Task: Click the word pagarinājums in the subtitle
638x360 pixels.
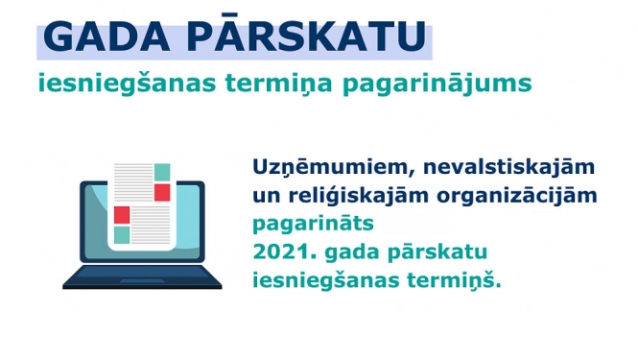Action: pyautogui.click(x=455, y=84)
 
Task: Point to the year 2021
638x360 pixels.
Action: pyautogui.click(x=279, y=253)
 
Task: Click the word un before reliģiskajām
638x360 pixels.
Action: pyautogui.click(x=265, y=197)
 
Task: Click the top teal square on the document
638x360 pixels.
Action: pyautogui.click(x=162, y=172)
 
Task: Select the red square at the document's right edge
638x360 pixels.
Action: pyautogui.click(x=162, y=192)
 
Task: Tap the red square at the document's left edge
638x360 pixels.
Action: pyautogui.click(x=122, y=213)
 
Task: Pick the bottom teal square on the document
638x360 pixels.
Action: pyautogui.click(x=122, y=234)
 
